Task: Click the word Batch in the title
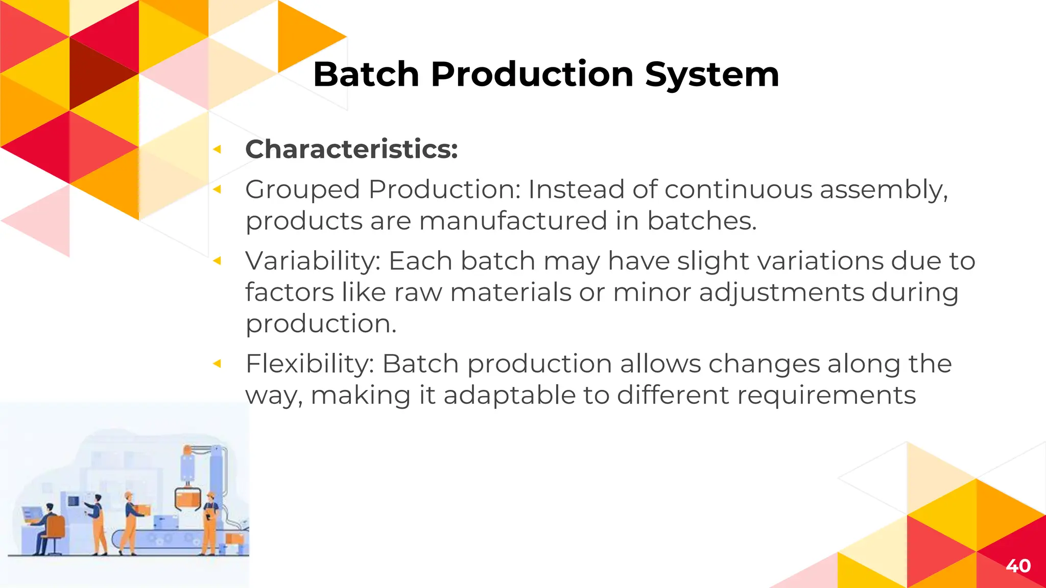[366, 75]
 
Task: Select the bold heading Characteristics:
[351, 149]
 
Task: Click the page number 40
[1018, 566]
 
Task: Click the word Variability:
[313, 261]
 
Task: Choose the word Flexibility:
[310, 364]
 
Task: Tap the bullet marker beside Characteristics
[217, 149]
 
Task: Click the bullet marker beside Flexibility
[217, 364]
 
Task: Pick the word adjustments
[781, 293]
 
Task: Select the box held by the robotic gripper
[187, 498]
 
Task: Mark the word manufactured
[513, 222]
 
